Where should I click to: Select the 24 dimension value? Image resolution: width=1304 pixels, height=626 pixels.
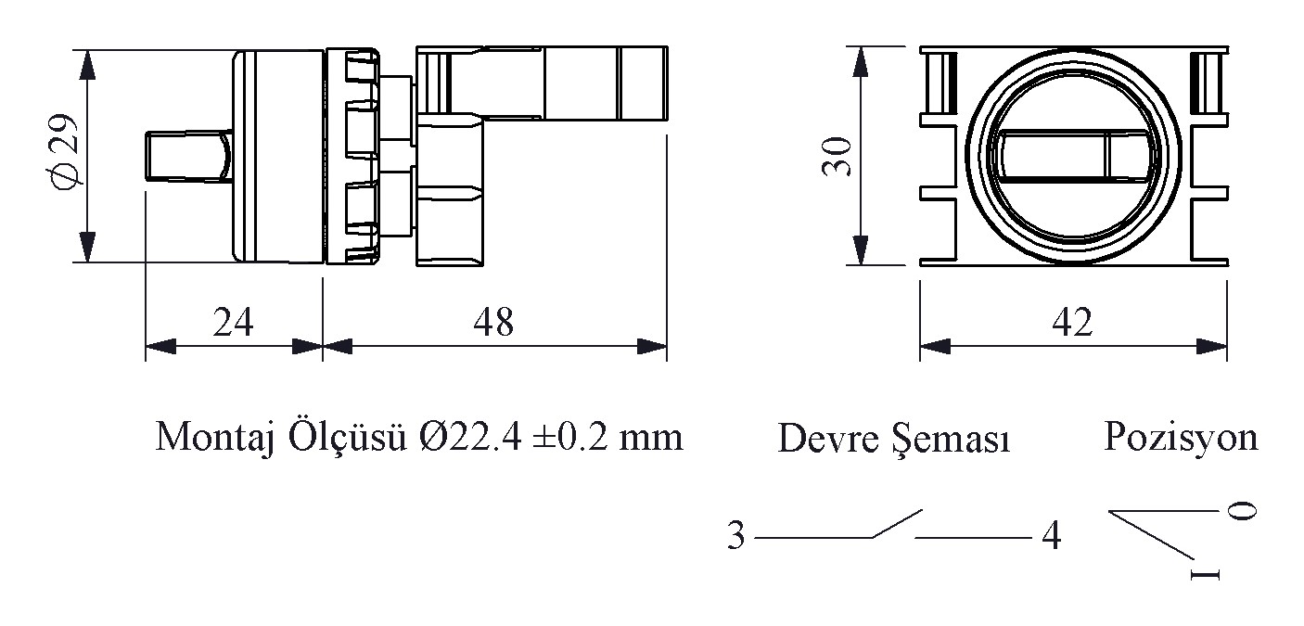[233, 322]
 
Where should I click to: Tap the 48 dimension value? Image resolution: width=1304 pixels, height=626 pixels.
[493, 322]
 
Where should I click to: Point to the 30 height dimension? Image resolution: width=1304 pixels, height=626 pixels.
[837, 156]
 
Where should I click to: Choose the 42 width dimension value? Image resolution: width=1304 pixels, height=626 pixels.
[1073, 322]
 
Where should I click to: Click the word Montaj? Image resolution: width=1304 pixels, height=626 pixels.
[215, 438]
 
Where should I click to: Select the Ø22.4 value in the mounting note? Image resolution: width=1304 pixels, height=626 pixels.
[470, 437]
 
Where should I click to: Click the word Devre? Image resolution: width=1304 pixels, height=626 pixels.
[828, 439]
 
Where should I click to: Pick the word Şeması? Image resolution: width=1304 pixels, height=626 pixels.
[952, 440]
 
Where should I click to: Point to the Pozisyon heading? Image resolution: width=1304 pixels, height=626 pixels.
[1182, 438]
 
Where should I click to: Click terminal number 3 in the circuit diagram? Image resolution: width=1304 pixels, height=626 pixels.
[735, 535]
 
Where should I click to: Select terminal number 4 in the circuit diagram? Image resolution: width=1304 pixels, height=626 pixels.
[1052, 535]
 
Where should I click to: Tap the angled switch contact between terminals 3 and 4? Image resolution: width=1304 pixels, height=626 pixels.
[897, 523]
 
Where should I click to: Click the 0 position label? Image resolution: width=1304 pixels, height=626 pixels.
[1242, 511]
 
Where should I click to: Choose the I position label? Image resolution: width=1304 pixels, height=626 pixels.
[1205, 575]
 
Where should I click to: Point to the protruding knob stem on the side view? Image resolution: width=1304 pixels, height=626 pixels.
[188, 156]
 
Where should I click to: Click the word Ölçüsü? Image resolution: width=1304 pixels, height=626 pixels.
[347, 438]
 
